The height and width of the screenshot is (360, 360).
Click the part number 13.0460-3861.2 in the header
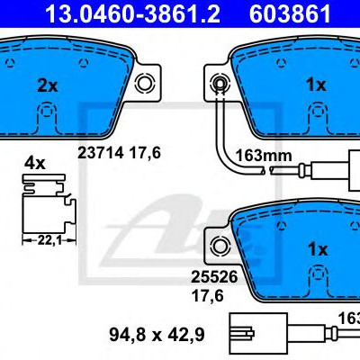click(x=132, y=13)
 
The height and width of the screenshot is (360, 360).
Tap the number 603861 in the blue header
click(x=290, y=13)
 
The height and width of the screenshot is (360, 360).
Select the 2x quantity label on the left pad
click(x=48, y=85)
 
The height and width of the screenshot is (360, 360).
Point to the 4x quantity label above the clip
click(x=35, y=164)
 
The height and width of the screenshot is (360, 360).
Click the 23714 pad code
click(x=101, y=153)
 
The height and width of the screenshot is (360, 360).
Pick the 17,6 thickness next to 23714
click(x=145, y=153)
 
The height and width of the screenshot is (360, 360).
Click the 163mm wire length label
click(x=264, y=156)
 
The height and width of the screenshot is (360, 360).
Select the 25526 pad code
click(x=214, y=276)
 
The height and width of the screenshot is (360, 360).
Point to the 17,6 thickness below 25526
click(x=208, y=295)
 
